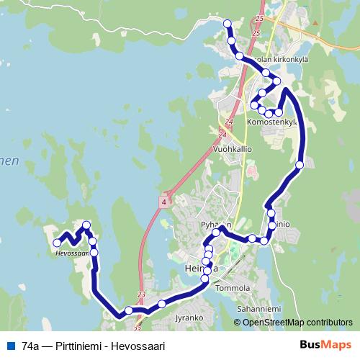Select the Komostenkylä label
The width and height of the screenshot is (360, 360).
271,122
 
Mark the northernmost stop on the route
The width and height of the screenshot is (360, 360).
228,24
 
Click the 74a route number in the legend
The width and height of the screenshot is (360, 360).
30,346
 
